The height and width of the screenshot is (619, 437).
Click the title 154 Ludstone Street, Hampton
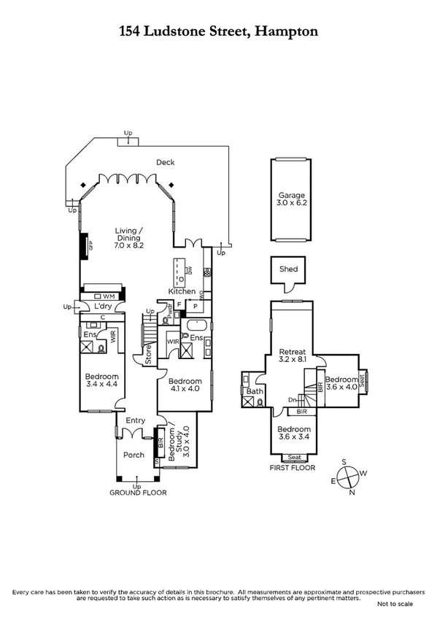[x=218, y=31]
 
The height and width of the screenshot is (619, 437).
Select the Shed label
[x=288, y=269]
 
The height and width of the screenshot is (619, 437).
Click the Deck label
[x=165, y=163]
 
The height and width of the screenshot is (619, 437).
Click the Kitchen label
[x=182, y=291]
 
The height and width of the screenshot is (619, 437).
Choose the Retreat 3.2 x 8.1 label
[x=293, y=355]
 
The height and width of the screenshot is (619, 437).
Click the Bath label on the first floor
[x=254, y=391]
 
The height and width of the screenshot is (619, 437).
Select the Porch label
[x=134, y=455]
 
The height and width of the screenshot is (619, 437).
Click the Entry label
[x=136, y=420]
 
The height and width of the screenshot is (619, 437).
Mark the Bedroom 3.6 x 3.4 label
[x=294, y=434]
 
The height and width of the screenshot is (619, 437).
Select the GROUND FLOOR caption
[x=138, y=493]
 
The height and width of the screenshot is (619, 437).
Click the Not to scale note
[x=395, y=604]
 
